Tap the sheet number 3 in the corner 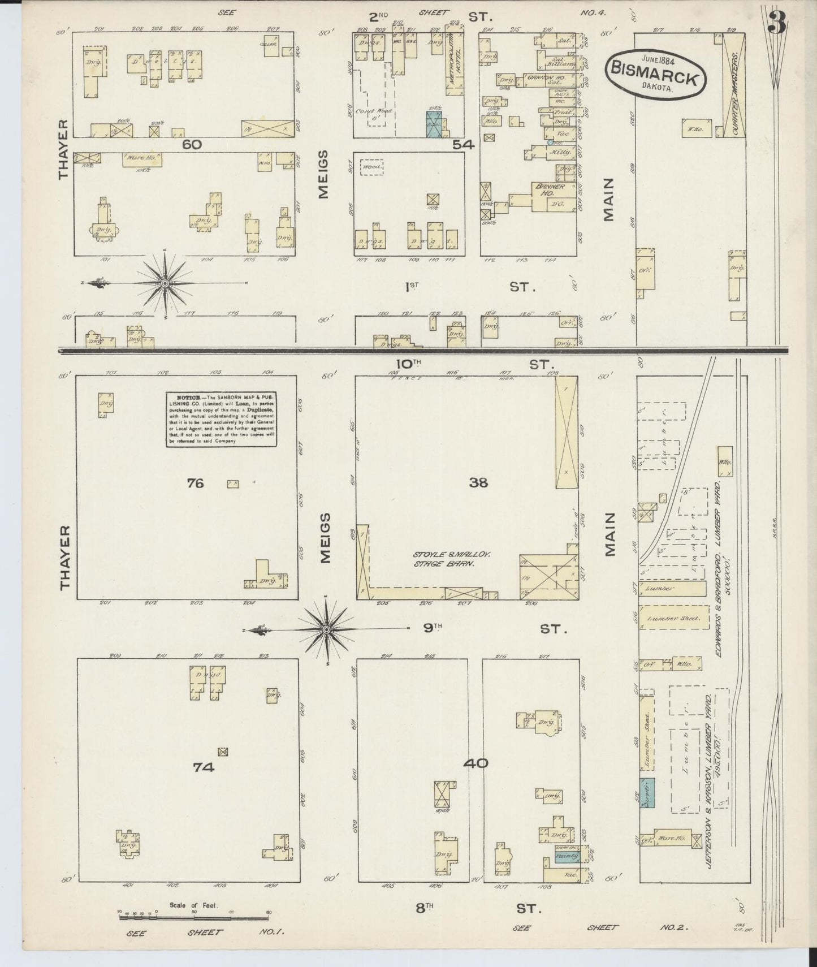(778, 22)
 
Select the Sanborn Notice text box (221, 419)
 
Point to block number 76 (195, 483)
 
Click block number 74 (204, 767)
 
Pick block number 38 (478, 482)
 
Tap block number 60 (192, 145)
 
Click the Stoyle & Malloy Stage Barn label (451, 559)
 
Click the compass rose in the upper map (164, 283)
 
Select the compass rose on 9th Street (327, 629)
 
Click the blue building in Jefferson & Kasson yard (647, 792)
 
